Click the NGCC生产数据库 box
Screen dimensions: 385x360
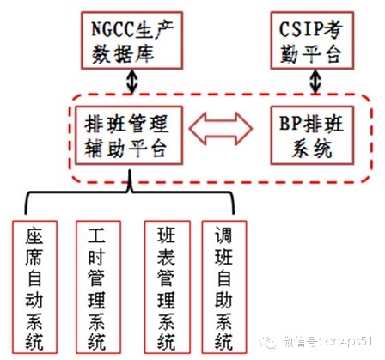click(x=131, y=40)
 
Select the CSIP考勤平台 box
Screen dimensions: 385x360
click(x=312, y=40)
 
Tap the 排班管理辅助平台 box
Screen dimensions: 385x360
click(x=129, y=135)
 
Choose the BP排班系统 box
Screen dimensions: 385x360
click(x=312, y=135)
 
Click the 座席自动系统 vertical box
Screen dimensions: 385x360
click(x=34, y=287)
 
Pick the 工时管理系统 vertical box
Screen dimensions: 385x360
click(x=98, y=287)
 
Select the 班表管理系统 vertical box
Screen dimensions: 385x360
click(x=168, y=287)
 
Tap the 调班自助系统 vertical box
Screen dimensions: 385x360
click(x=224, y=287)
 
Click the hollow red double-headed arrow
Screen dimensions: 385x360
click(x=221, y=128)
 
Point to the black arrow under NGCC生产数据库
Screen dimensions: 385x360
click(x=132, y=82)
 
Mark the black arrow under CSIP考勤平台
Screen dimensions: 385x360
click(x=315, y=82)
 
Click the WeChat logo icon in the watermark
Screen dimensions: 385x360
click(x=268, y=341)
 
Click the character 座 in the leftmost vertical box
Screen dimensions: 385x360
click(x=34, y=235)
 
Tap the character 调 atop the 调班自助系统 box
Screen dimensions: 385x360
click(x=224, y=235)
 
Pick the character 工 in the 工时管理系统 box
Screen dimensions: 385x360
click(x=96, y=235)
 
